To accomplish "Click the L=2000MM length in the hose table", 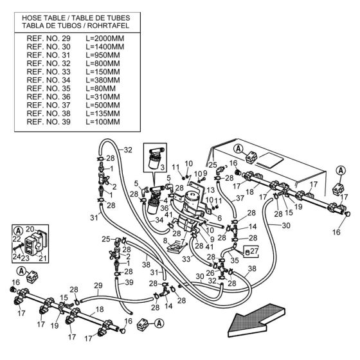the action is [105, 39].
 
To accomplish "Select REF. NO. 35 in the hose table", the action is [48, 89].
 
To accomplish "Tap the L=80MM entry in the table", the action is [101, 89].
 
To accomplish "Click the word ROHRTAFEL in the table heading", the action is [108, 26].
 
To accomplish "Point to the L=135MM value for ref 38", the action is [103, 113].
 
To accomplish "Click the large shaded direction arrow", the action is [256, 320].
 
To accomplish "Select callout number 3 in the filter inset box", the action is [163, 167].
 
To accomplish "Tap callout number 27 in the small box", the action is [254, 251].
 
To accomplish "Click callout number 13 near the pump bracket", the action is [210, 190].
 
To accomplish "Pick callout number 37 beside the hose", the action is [240, 198].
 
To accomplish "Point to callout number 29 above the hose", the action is [98, 285].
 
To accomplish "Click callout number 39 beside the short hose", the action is [129, 282].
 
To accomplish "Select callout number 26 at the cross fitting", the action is [210, 273].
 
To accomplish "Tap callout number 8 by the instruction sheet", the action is [165, 240].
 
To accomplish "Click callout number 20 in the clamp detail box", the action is [30, 229].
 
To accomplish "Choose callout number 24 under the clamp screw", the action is [17, 256].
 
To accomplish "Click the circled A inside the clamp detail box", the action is [19, 231].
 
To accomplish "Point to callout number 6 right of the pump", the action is [219, 218].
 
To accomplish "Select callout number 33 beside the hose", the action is [186, 259].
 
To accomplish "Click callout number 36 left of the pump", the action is [165, 208].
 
